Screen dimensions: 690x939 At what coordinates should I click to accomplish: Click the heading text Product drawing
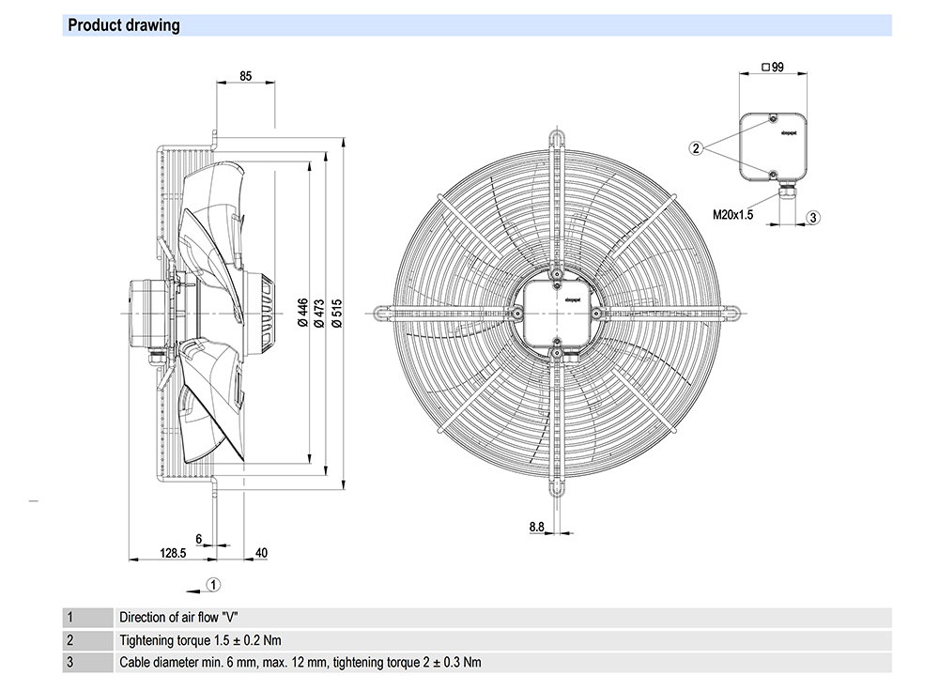tap(124, 25)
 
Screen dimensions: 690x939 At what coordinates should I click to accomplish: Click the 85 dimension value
tap(245, 76)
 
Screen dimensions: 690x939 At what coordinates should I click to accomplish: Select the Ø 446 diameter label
tap(302, 310)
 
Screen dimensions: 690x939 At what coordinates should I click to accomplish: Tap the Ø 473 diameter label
tap(319, 310)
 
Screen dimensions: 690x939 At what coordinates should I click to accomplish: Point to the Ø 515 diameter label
tap(335, 310)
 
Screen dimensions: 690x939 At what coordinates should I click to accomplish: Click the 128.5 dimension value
tap(173, 553)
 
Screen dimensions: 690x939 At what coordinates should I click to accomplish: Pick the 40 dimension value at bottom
tap(261, 553)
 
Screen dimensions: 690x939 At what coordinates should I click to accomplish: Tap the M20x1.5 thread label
tap(733, 215)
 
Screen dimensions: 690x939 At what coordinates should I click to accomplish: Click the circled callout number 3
tap(813, 217)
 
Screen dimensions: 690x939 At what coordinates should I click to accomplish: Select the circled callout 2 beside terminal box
tap(696, 147)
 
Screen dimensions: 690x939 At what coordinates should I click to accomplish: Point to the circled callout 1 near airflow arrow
tap(213, 585)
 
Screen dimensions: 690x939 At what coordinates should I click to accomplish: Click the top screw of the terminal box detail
tap(771, 119)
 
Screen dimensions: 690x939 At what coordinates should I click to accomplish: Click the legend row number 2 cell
tap(69, 640)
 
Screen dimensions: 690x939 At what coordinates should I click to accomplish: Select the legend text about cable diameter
tap(300, 663)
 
